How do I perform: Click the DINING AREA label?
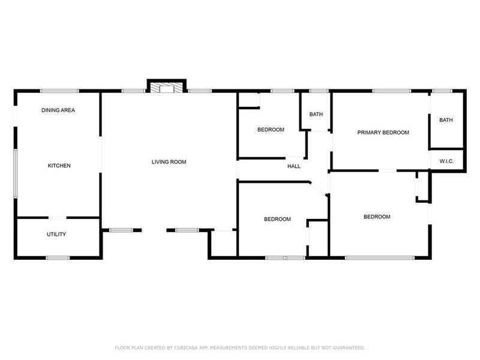[58, 110]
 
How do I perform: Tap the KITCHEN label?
[59, 166]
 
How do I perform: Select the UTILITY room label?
[56, 235]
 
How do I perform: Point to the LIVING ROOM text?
[169, 162]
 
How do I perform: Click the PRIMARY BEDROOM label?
[383, 133]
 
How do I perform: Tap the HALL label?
[294, 166]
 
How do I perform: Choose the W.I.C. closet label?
[446, 161]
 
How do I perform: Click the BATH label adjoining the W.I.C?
[446, 120]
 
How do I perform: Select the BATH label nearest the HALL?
[316, 115]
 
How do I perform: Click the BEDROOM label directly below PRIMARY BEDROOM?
[377, 217]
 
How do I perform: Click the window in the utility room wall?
[58, 258]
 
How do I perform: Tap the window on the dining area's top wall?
[59, 91]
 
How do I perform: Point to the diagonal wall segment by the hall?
[319, 188]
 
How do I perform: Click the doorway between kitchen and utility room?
[58, 217]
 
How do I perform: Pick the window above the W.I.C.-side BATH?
[442, 91]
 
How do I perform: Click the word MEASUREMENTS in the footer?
[245, 348]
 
